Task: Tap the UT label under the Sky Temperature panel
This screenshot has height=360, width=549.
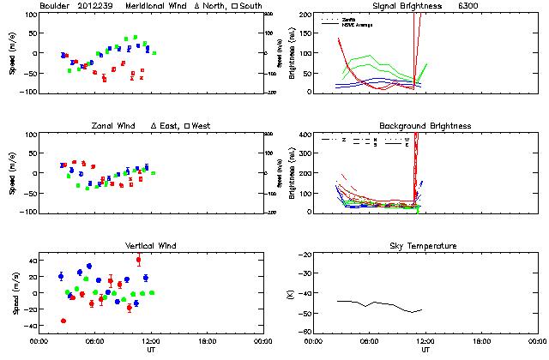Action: click(x=425, y=350)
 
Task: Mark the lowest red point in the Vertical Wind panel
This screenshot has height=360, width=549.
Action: click(x=63, y=321)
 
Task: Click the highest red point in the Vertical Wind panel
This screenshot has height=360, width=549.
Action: click(x=138, y=260)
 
